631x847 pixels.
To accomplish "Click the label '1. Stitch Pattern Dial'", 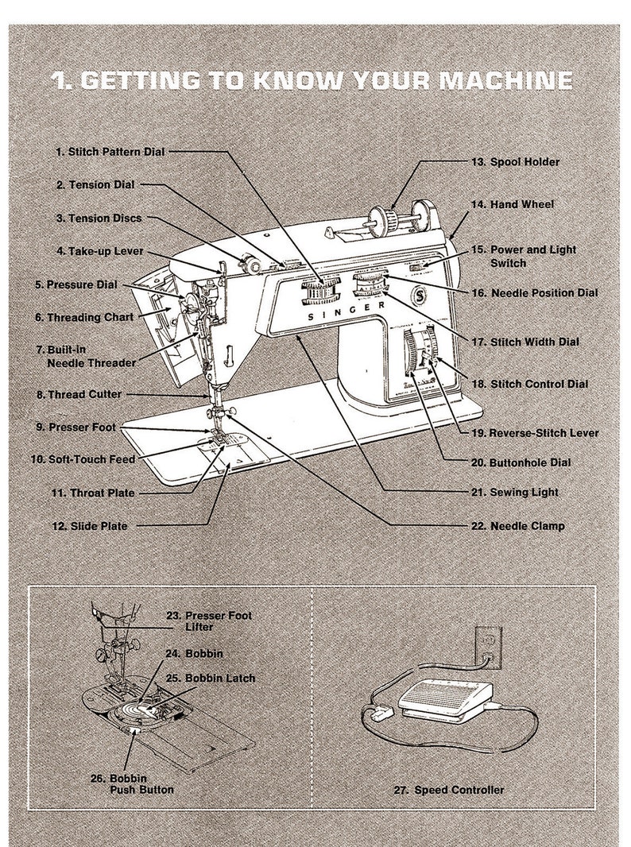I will tap(110, 151).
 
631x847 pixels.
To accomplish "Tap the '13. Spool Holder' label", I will tap(525, 162).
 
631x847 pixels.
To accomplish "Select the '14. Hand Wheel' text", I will tap(522, 204).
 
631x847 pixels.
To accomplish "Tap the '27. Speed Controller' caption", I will tap(448, 790).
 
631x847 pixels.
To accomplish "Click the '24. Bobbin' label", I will tap(194, 653).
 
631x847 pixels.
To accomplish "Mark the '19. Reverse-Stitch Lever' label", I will tap(534, 433).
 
